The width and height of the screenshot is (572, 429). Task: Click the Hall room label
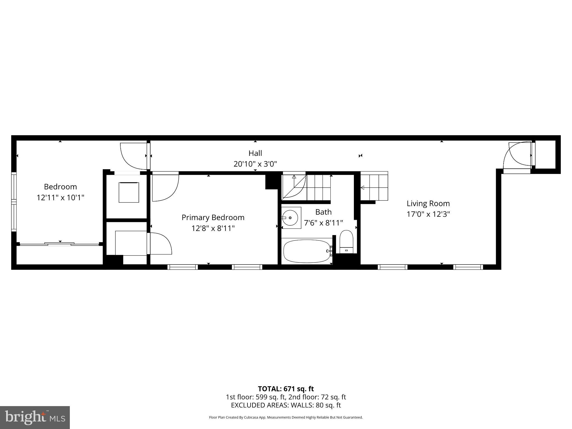pos(255,153)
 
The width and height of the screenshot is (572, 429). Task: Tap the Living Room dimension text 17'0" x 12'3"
pos(428,214)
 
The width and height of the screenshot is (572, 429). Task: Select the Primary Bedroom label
pos(213,217)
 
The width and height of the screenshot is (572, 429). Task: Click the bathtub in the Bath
pos(306,251)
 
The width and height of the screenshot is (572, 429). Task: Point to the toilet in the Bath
pos(346,242)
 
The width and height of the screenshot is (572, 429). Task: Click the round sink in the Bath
pos(290,218)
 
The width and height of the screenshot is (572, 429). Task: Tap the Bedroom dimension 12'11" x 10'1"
pos(60,197)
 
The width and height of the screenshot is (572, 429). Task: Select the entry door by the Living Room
pos(518,156)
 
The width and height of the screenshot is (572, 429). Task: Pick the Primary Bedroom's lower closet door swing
pos(160,244)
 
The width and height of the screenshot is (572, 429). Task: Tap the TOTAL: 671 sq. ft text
pos(286,389)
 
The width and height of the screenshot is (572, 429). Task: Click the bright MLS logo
pos(35,417)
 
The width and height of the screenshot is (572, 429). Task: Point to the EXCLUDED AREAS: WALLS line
pos(286,405)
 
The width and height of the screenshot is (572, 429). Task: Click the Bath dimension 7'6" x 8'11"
pos(323,223)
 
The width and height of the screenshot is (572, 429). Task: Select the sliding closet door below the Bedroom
pos(59,244)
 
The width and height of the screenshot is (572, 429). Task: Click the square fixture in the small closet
pos(129,192)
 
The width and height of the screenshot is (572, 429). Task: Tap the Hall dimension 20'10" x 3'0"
pos(255,164)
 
